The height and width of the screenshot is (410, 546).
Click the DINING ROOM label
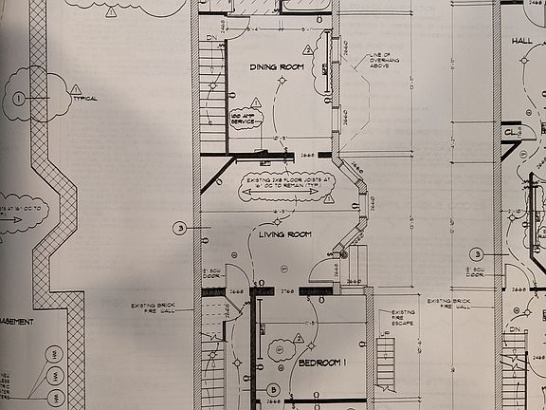275,67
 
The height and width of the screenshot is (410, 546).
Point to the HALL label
522,41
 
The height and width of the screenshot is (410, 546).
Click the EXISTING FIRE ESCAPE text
403,318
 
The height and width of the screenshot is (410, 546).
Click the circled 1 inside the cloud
19,98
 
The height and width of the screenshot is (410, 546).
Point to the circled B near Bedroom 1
272,389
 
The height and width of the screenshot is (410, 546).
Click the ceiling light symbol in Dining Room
281,83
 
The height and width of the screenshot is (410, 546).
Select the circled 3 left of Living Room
178,228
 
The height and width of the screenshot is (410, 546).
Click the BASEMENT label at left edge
17,322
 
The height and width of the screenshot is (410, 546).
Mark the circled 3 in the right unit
478,253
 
